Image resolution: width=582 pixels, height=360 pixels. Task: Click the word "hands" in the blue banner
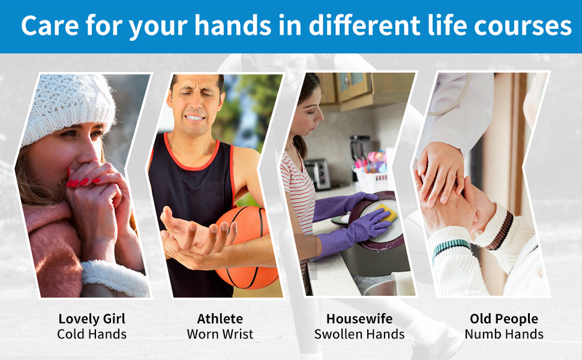click(233, 25)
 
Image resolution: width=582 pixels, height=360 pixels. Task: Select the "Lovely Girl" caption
click(92, 319)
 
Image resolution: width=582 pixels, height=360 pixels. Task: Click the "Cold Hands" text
click(92, 334)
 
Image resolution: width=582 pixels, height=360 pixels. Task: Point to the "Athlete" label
click(220, 319)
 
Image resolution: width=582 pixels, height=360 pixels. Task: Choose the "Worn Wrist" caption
click(220, 334)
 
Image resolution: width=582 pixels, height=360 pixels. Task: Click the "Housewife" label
click(359, 319)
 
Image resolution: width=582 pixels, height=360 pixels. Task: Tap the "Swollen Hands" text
click(359, 334)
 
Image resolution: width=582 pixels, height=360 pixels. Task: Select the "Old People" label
click(504, 319)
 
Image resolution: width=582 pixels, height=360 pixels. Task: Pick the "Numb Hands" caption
click(504, 334)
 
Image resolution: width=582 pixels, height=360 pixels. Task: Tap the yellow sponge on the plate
click(388, 212)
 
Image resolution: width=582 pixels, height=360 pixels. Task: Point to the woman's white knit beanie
click(68, 107)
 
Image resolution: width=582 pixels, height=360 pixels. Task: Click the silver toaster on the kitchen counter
click(317, 173)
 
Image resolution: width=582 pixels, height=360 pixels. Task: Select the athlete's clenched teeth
click(195, 118)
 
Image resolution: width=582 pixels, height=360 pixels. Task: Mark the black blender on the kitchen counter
click(359, 153)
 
